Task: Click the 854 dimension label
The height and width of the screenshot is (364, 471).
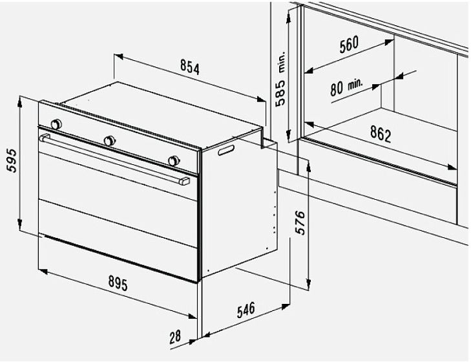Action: click(190, 67)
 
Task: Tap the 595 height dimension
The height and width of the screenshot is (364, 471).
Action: click(12, 160)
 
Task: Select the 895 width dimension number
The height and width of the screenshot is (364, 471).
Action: click(118, 283)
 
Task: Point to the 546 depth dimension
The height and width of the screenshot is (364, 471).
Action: click(246, 310)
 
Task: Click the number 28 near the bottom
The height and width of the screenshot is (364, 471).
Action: click(175, 337)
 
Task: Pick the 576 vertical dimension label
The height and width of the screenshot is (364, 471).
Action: click(300, 222)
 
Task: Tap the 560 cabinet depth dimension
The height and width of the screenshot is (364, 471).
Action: click(349, 45)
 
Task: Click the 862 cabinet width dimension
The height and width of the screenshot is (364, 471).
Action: click(381, 133)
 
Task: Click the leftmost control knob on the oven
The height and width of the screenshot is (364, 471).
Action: click(56, 124)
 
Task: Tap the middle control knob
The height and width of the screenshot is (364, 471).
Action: click(109, 141)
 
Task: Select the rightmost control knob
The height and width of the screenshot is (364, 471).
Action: click(174, 161)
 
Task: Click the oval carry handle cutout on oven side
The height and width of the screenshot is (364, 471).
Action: click(226, 150)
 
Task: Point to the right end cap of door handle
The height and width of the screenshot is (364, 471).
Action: click(184, 181)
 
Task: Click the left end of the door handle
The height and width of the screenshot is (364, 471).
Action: click(44, 138)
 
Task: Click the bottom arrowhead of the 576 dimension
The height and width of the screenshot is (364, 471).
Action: click(308, 283)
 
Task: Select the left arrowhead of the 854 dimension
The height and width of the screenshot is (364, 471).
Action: click(119, 56)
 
